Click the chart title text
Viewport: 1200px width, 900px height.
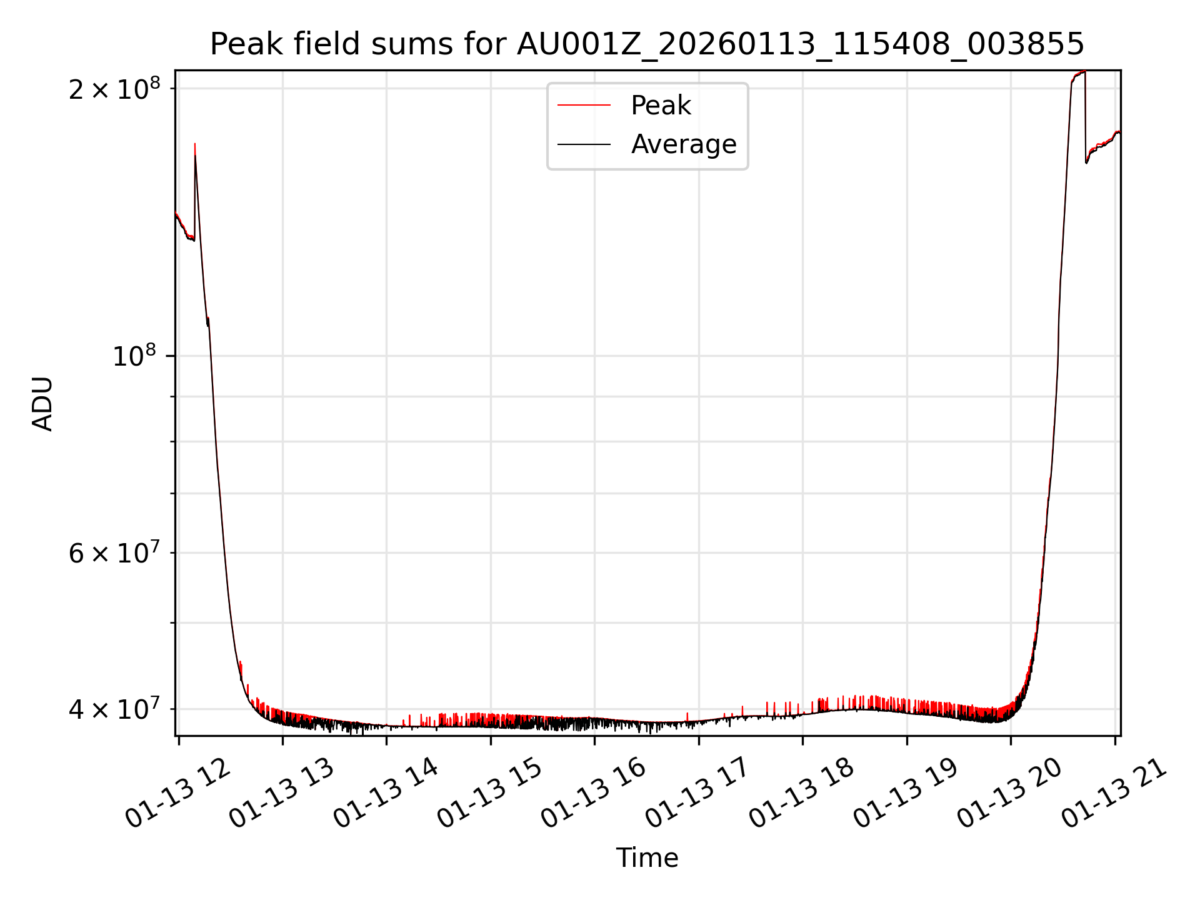(647, 44)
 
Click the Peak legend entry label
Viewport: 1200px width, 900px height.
(661, 106)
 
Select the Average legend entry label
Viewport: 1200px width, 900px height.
(684, 144)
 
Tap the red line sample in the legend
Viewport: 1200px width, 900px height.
(584, 106)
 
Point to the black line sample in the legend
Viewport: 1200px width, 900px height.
(584, 144)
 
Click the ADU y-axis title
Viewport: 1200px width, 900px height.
(42, 404)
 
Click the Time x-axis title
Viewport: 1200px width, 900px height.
(647, 858)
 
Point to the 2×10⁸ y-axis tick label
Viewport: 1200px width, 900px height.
(114, 89)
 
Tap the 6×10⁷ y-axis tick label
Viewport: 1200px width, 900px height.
(114, 553)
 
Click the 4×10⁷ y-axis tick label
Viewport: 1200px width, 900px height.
(114, 709)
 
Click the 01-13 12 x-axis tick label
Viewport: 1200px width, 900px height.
(178, 794)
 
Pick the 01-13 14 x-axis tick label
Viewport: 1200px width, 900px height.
(386, 794)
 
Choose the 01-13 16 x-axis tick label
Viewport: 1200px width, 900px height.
(593, 794)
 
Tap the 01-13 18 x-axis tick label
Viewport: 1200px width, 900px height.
(801, 794)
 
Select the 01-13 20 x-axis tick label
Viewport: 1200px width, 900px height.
(1009, 794)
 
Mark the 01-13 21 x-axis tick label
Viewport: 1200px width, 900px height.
(1114, 794)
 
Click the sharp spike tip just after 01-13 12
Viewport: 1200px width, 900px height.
(195, 145)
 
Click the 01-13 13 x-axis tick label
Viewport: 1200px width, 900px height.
(282, 794)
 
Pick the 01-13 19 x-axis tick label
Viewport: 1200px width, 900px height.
(906, 794)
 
